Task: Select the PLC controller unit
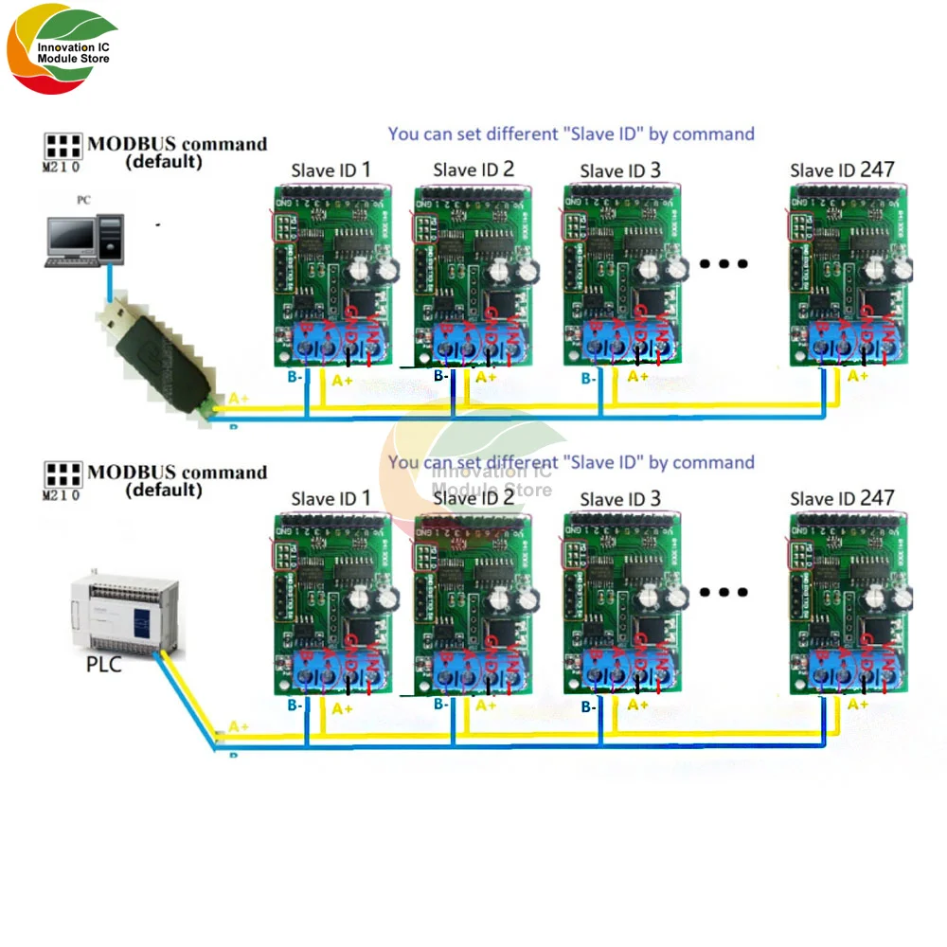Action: tap(120, 610)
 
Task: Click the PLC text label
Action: tap(104, 664)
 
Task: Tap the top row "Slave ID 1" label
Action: tap(331, 170)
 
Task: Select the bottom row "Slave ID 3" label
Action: tap(620, 499)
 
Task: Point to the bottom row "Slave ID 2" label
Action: tap(473, 498)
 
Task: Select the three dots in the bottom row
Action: tap(724, 593)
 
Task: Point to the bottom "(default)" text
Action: tap(164, 491)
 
